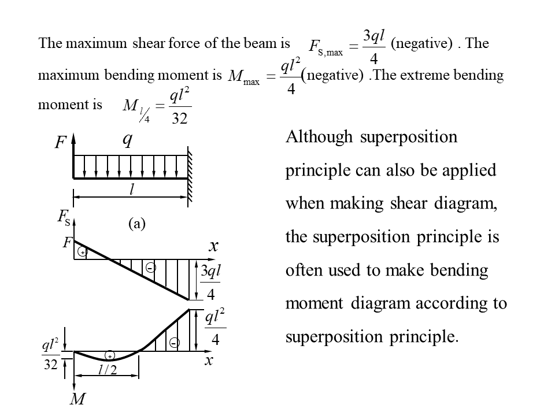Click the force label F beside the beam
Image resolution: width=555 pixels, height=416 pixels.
61,142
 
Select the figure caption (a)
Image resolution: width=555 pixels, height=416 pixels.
136,224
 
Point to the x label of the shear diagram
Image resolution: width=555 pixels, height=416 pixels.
213,247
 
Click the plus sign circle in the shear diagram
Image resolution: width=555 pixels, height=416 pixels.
83,252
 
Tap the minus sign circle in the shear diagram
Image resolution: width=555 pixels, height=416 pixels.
150,268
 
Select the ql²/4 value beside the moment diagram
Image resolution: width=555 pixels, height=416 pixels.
214,328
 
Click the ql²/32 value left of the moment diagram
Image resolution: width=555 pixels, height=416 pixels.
50,355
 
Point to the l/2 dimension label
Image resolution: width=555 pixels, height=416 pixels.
108,370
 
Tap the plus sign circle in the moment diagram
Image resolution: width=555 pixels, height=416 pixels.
110,355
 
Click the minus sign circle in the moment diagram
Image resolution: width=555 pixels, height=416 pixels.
174,343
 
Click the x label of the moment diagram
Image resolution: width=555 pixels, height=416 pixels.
209,361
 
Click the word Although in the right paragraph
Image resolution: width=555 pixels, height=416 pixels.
319,138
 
